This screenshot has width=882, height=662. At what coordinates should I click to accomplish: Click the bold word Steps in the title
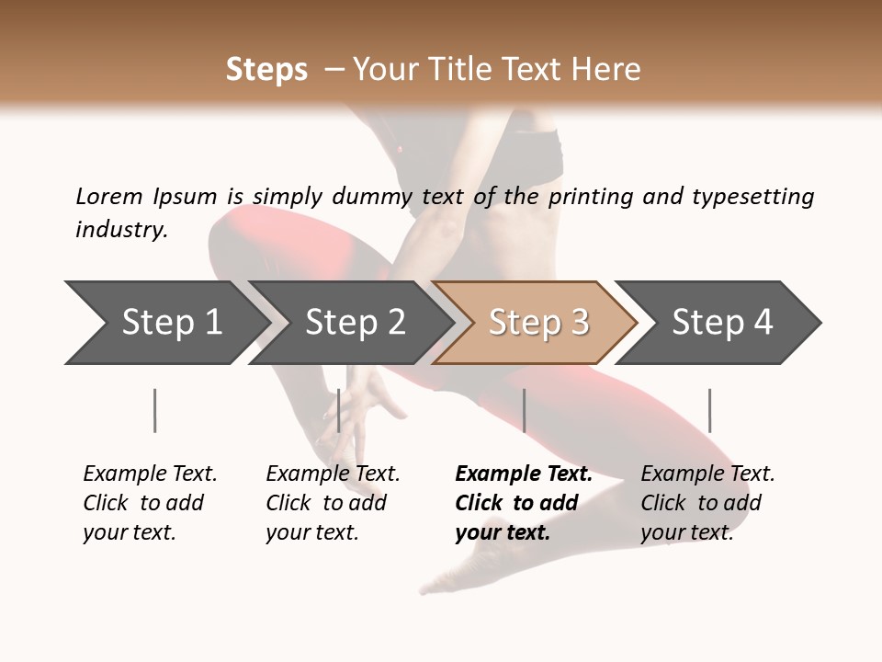(266, 70)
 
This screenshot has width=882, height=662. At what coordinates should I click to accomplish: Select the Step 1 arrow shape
(165, 323)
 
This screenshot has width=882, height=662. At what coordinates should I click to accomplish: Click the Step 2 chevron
(354, 323)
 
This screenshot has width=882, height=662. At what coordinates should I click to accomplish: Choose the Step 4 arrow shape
(720, 323)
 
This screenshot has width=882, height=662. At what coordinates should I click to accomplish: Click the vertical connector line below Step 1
(155, 410)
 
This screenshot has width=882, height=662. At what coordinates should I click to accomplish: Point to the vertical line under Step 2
(339, 410)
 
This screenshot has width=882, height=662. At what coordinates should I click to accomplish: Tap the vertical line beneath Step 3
(524, 410)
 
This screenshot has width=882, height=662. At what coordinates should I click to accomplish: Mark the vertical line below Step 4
(709, 410)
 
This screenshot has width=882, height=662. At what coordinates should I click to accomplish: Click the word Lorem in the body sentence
(109, 196)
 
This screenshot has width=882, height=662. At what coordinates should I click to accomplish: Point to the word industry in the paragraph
(121, 229)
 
